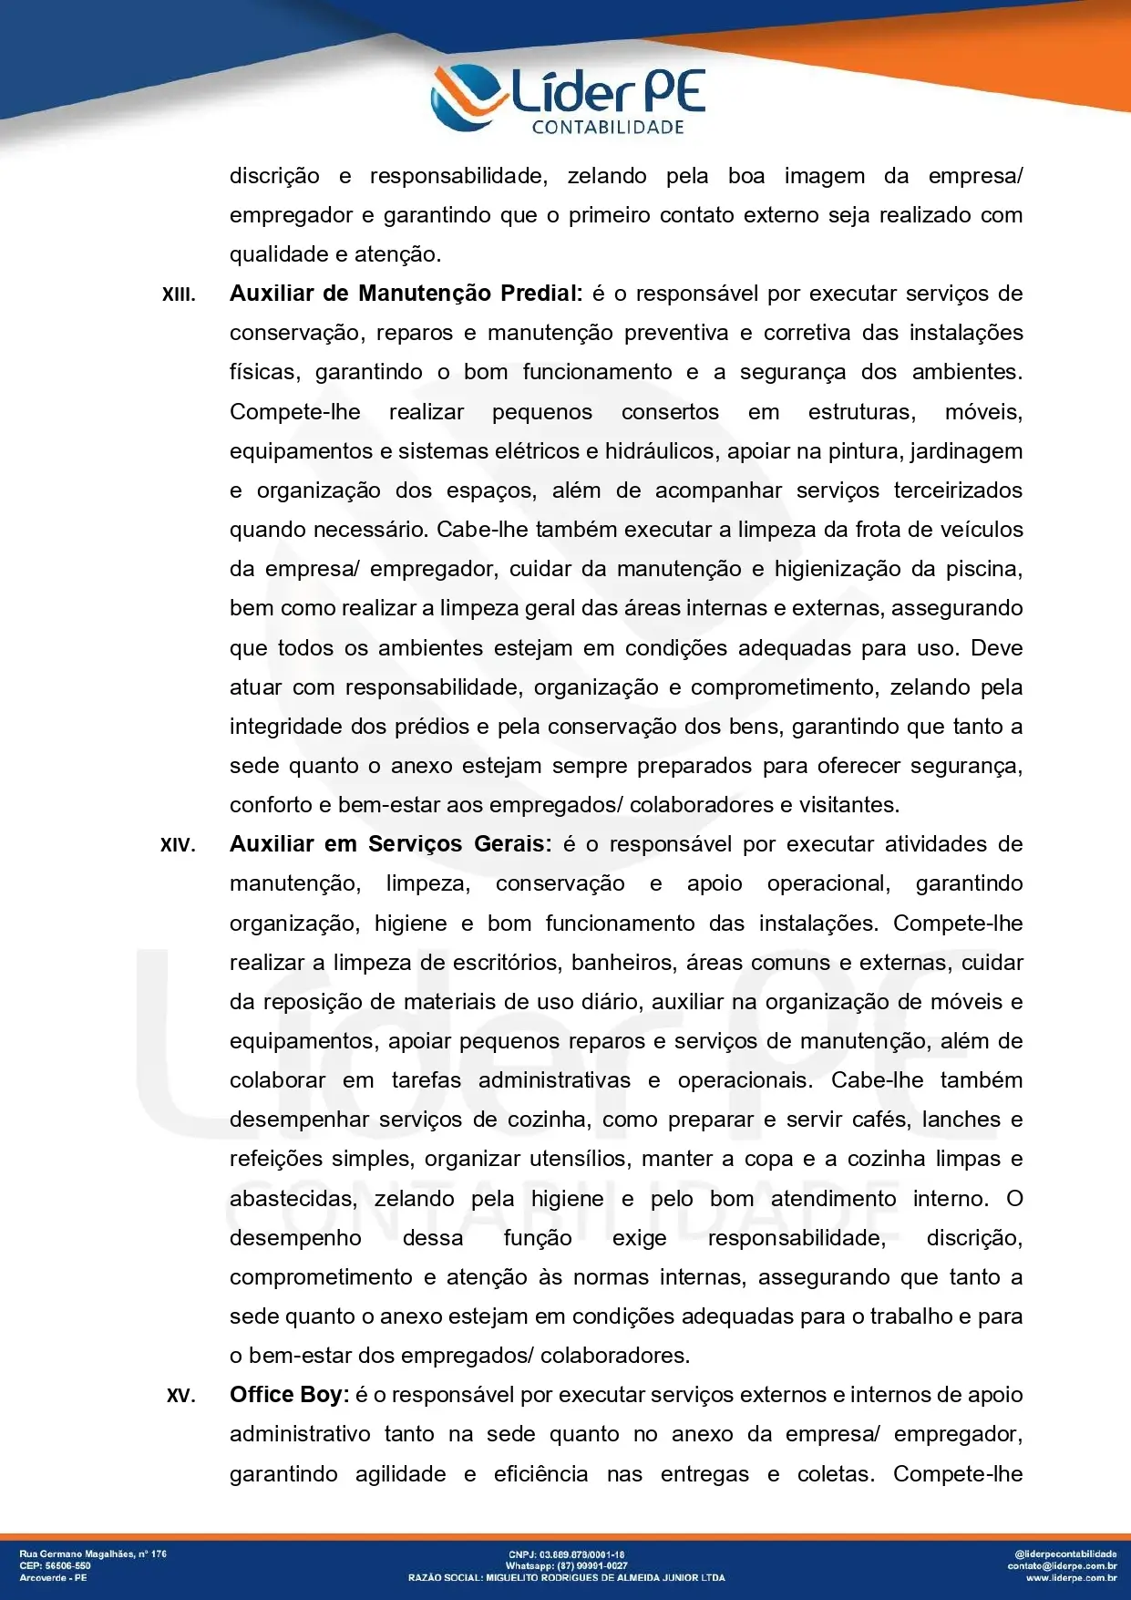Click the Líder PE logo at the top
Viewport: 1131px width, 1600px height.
tap(567, 98)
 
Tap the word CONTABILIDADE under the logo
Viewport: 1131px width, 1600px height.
tap(608, 128)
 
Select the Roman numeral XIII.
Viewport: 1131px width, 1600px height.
tap(179, 294)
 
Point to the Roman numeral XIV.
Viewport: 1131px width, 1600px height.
tap(178, 845)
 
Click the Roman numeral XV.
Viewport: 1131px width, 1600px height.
tap(180, 1396)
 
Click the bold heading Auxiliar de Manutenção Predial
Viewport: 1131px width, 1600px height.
tap(406, 294)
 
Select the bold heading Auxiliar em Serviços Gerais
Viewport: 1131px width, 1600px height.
tap(390, 844)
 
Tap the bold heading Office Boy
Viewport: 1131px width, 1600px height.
tap(289, 1395)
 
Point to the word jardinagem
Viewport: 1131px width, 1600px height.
tap(966, 451)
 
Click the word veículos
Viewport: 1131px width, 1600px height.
tap(985, 530)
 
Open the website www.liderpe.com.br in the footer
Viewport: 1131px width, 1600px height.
tap(1071, 1577)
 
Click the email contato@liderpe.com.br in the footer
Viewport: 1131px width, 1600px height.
tap(1062, 1565)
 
